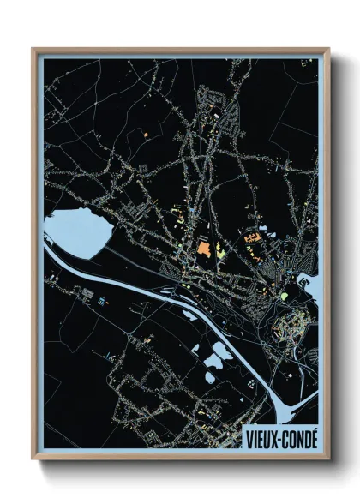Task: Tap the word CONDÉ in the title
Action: click(297, 436)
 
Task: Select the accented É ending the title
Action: click(313, 436)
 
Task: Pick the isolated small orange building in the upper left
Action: click(147, 135)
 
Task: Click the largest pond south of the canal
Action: click(219, 351)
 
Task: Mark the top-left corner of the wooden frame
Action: click(33, 50)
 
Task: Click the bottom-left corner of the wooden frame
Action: click(33, 459)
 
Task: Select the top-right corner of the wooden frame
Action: click(328, 50)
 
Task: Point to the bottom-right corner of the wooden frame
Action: click(328, 459)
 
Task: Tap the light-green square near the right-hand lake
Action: click(283, 297)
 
